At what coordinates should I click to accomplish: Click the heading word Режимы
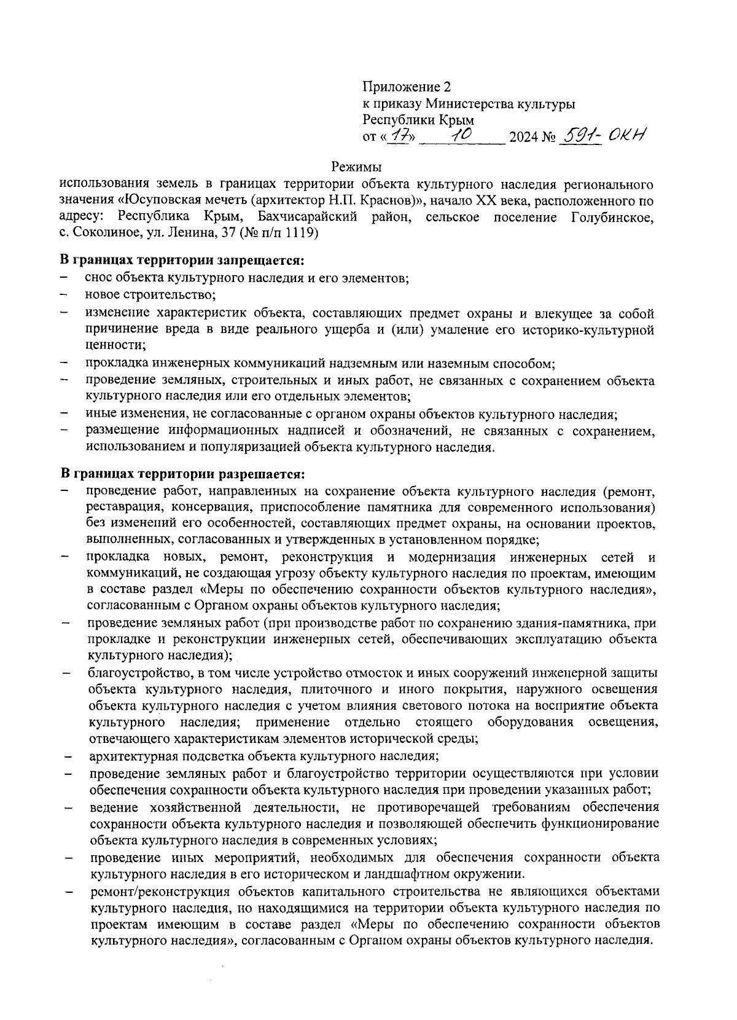click(x=356, y=167)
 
